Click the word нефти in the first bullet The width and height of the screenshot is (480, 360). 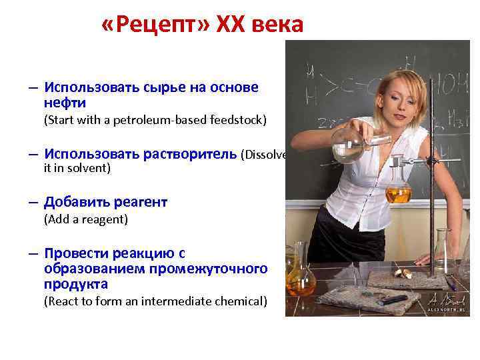point(65,103)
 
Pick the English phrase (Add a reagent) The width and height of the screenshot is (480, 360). point(85,219)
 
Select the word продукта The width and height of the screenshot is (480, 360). point(76,284)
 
